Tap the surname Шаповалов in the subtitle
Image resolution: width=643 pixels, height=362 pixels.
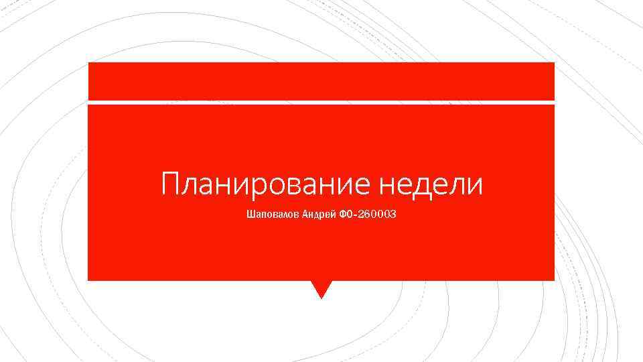268,215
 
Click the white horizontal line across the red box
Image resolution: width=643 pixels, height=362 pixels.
321,102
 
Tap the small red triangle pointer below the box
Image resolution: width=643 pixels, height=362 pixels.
321,288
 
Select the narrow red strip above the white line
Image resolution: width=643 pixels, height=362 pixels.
321,81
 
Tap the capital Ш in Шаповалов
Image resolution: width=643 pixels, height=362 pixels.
251,215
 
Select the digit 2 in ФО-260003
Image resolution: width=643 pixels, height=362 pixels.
361,215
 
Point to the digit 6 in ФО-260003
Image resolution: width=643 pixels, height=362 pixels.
368,215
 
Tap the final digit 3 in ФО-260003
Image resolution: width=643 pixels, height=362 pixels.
393,215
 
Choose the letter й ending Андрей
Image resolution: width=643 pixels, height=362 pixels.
330,215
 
